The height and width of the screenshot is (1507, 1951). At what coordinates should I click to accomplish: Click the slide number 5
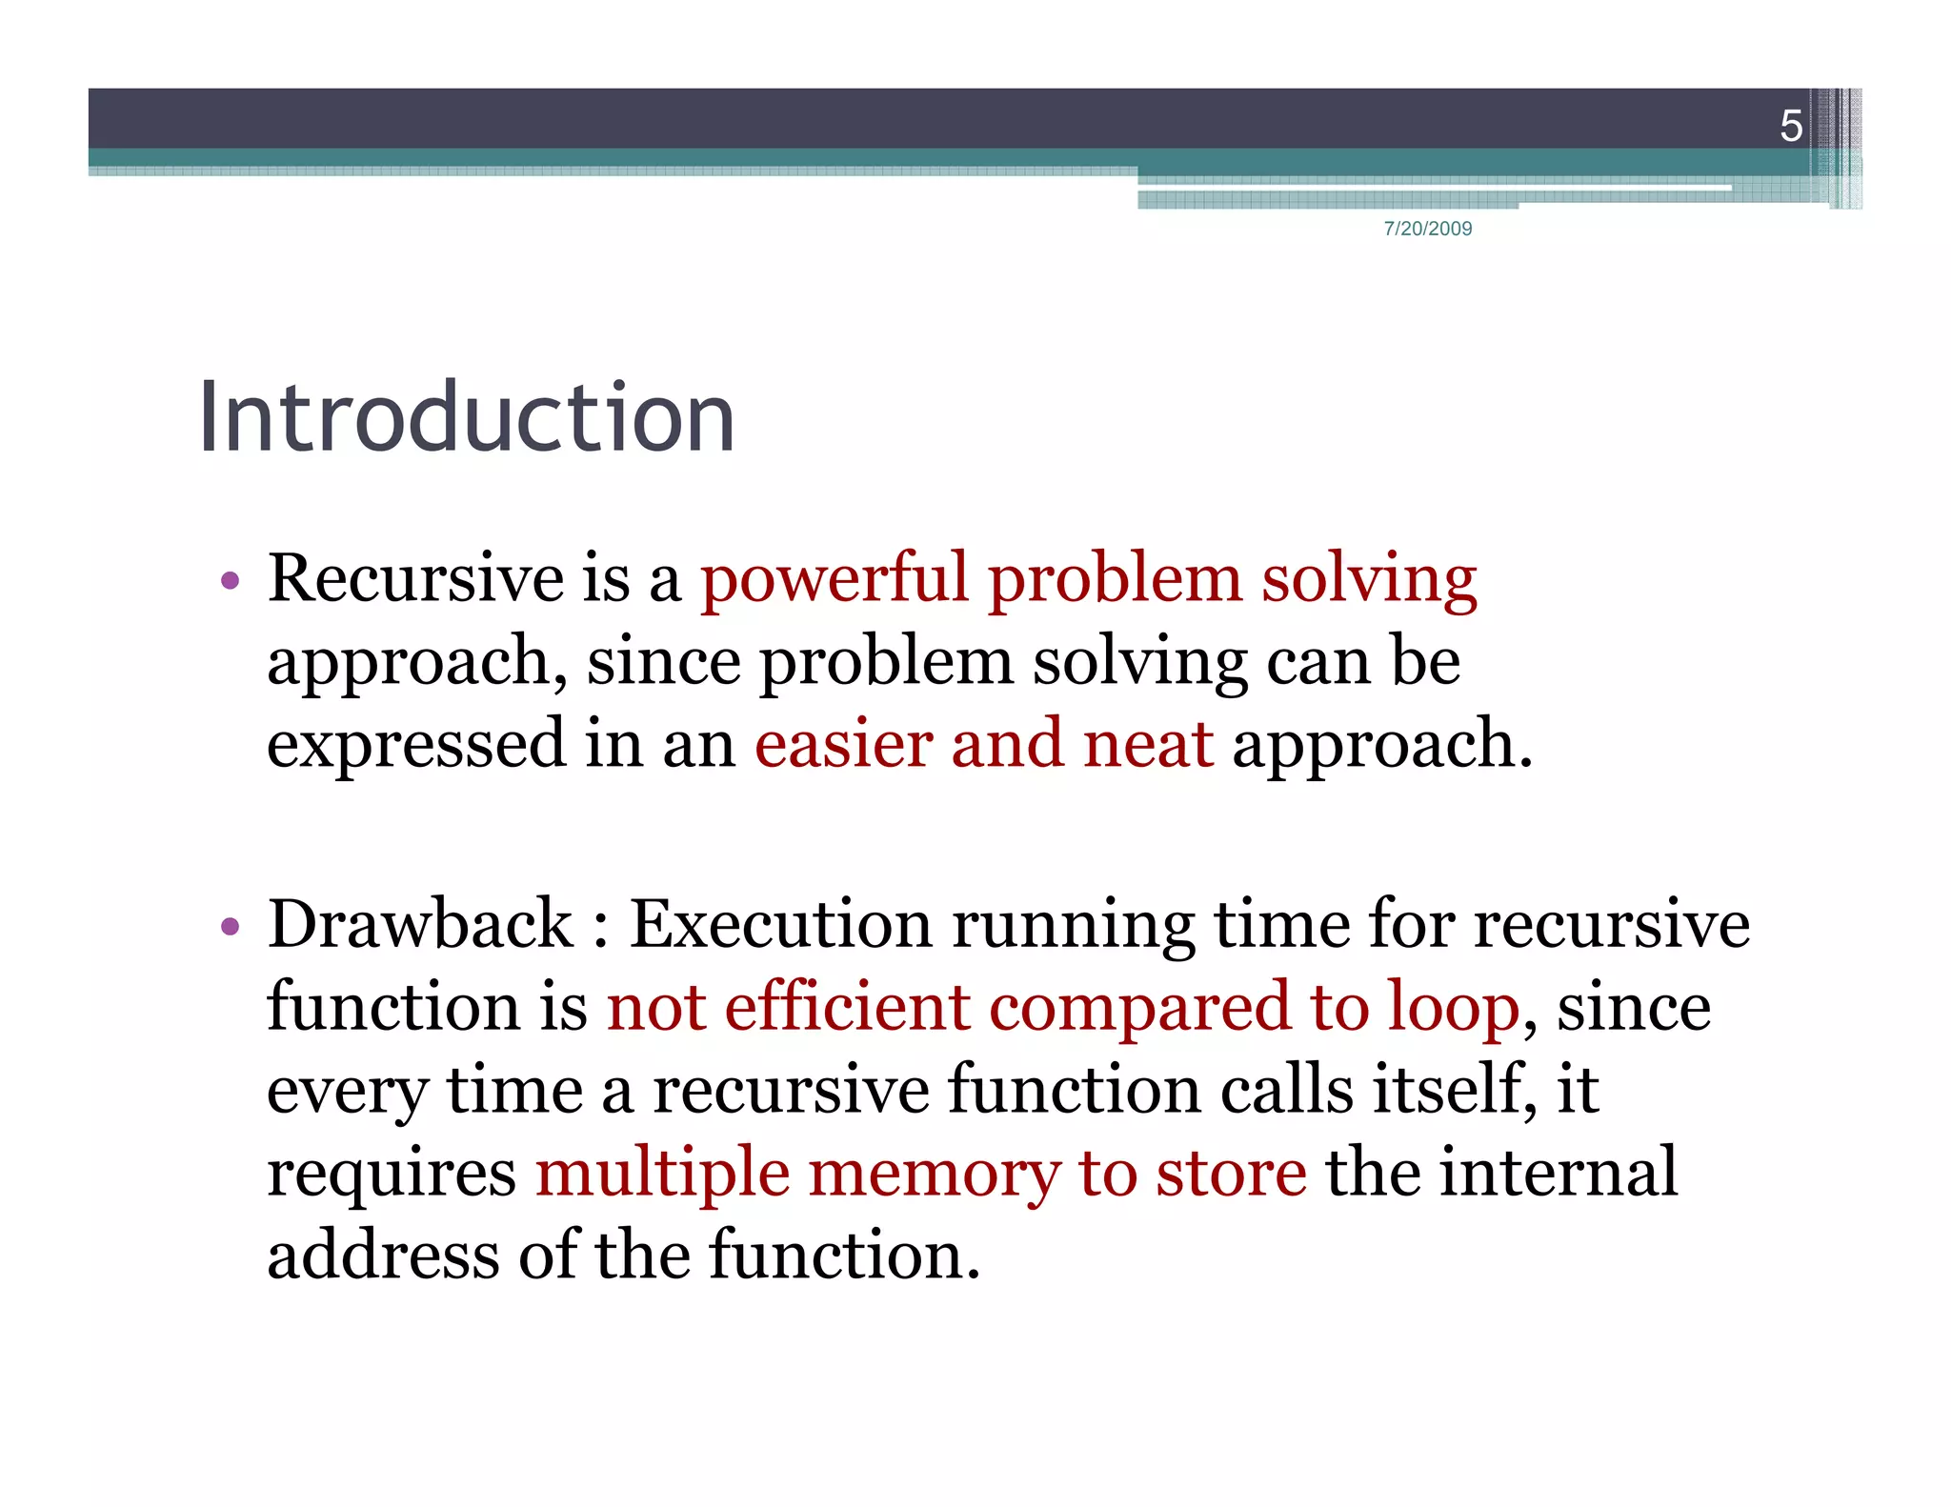click(1790, 126)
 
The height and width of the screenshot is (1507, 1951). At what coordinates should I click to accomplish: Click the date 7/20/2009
click(1427, 229)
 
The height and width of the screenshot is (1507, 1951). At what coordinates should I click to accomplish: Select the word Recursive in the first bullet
click(415, 578)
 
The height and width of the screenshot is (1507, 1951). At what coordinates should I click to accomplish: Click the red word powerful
click(834, 578)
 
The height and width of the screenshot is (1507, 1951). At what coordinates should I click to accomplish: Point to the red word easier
click(843, 744)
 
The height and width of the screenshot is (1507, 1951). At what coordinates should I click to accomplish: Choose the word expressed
click(415, 744)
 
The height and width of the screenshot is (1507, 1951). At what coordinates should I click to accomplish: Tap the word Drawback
click(420, 924)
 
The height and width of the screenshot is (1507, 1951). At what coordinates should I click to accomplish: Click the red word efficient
click(846, 1007)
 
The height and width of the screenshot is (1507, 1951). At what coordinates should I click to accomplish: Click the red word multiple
click(662, 1173)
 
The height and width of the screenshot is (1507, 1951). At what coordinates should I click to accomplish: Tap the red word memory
click(933, 1173)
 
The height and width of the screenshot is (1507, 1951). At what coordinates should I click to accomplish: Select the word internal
click(1558, 1173)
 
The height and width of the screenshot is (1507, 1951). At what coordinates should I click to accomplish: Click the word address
click(383, 1255)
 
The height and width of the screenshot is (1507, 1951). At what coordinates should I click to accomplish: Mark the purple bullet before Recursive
click(229, 580)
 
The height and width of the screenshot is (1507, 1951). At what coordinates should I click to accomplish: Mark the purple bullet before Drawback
click(229, 926)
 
